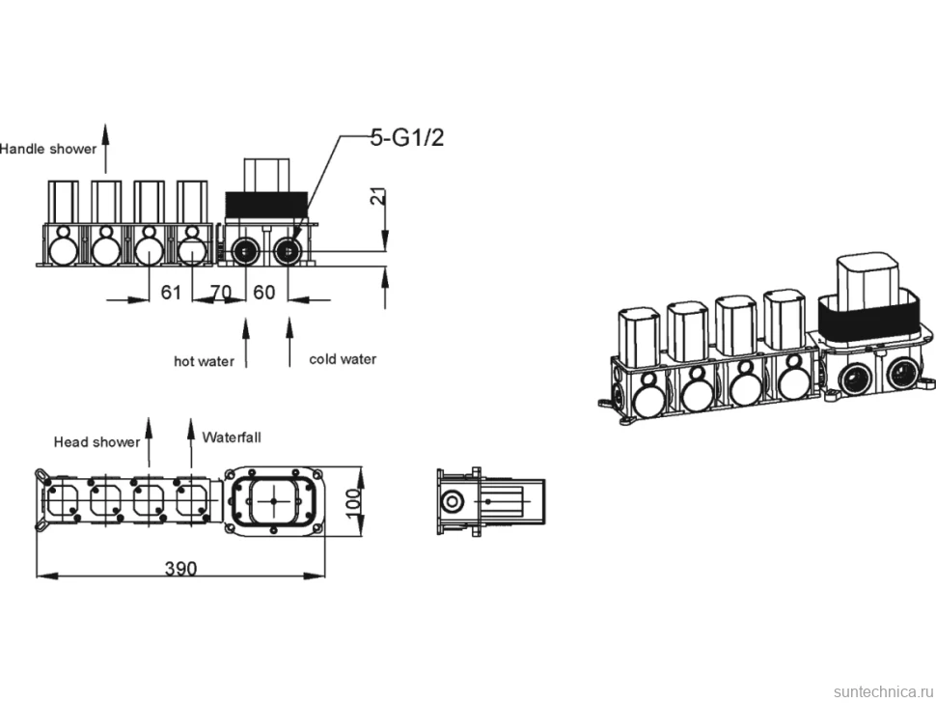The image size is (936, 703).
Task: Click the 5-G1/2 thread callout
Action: click(x=407, y=138)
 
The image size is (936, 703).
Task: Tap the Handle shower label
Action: click(x=47, y=149)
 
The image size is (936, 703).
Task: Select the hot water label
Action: click(x=204, y=361)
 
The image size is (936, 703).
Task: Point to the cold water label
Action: click(x=343, y=359)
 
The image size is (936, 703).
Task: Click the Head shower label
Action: click(x=96, y=442)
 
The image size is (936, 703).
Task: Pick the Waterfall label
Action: click(x=232, y=437)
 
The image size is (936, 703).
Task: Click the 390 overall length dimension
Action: click(x=180, y=568)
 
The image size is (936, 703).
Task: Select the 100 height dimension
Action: click(x=353, y=503)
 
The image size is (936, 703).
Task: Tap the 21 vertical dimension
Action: click(x=378, y=197)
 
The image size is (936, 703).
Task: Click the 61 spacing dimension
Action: click(x=171, y=292)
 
